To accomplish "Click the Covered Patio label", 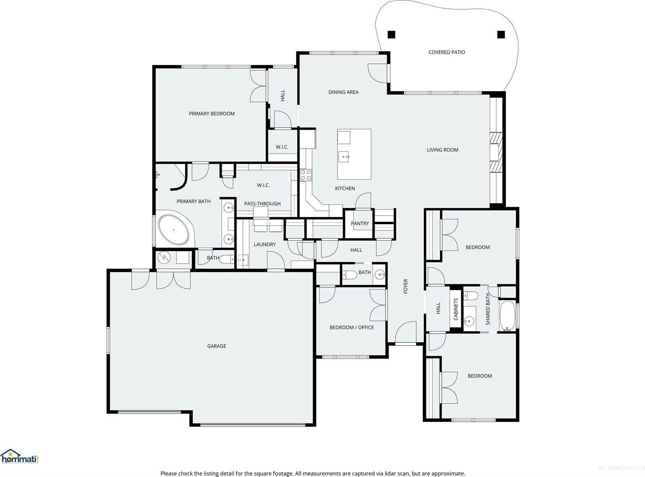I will (447, 52).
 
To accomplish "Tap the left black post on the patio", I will (391, 35).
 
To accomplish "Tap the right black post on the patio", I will (501, 35).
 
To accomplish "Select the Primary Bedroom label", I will (212, 113).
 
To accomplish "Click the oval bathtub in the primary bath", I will (174, 230).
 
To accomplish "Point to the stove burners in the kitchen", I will (306, 175).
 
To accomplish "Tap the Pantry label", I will (360, 223).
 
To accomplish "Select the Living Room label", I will (443, 150).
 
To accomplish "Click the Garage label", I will (217, 346).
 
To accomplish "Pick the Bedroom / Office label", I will (352, 328).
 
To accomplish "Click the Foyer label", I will (406, 286).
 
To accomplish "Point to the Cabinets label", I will (456, 309).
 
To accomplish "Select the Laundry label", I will (265, 244).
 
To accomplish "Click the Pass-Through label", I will (262, 204).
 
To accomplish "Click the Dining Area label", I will (343, 92).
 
